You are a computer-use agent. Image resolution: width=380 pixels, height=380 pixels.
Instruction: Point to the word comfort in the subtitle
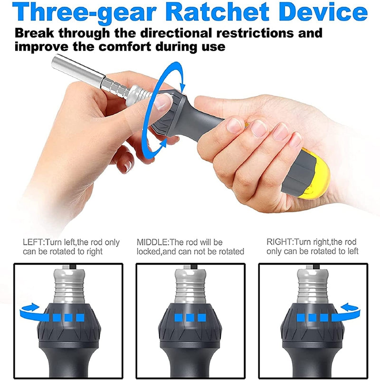124,46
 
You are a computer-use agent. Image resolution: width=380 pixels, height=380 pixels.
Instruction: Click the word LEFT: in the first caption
34,242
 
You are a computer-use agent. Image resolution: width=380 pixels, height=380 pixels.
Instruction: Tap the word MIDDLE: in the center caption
153,242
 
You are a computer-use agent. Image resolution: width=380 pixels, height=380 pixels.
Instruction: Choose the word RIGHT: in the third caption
280,242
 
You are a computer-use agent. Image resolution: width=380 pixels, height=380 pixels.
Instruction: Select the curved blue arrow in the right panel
347,312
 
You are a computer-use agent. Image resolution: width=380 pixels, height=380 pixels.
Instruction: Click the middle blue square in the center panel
190,317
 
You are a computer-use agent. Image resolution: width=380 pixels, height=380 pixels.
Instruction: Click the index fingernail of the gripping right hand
234,126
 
